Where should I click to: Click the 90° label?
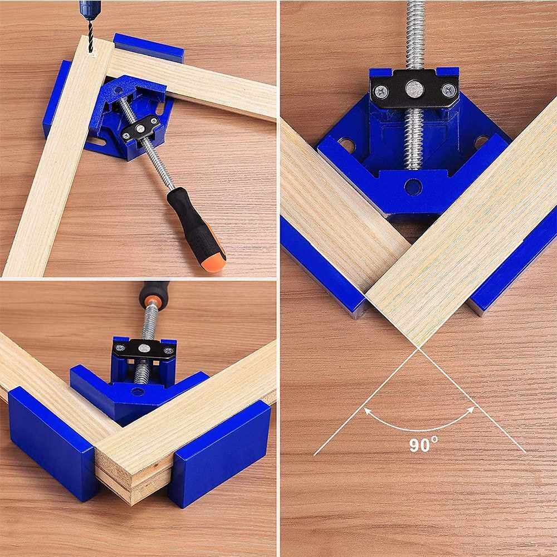[423, 444]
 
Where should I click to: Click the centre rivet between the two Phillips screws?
[414, 88]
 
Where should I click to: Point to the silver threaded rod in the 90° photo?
[414, 139]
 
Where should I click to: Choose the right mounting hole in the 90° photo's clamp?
[481, 141]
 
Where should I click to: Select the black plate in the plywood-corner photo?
[144, 349]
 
